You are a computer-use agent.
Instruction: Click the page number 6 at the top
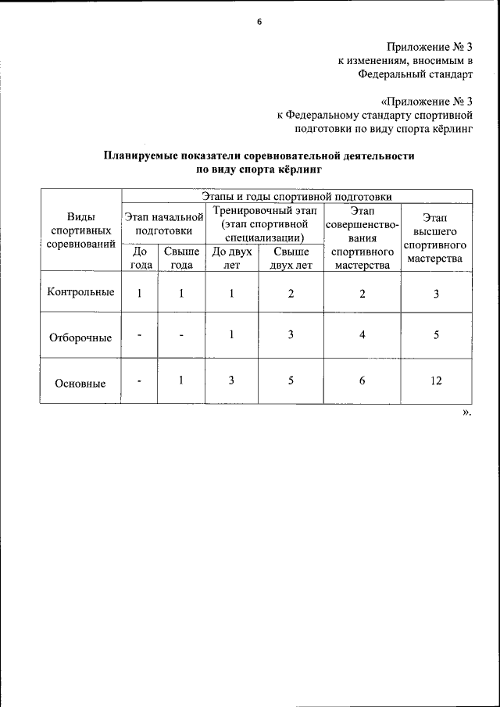pyautogui.click(x=259, y=22)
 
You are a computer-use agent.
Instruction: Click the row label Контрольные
pyautogui.click(x=80, y=292)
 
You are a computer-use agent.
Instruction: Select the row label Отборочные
pyautogui.click(x=80, y=337)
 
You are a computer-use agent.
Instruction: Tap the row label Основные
pyautogui.click(x=80, y=383)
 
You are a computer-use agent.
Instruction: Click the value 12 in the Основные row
pyautogui.click(x=436, y=380)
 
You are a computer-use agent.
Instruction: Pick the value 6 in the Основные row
pyautogui.click(x=361, y=380)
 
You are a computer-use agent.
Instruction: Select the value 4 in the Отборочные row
pyautogui.click(x=361, y=335)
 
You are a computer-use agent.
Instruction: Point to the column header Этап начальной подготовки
pyautogui.click(x=163, y=223)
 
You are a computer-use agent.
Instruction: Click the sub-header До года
pyautogui.click(x=140, y=258)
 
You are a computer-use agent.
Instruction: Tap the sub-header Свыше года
pyautogui.click(x=180, y=258)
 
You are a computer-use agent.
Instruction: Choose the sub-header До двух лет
pyautogui.click(x=231, y=258)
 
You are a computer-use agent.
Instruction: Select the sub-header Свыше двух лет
pyautogui.click(x=291, y=258)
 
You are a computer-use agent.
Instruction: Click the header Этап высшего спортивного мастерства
pyautogui.click(x=435, y=238)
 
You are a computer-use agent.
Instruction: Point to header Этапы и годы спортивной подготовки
pyautogui.click(x=296, y=196)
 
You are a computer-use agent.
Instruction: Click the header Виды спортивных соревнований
pyautogui.click(x=80, y=230)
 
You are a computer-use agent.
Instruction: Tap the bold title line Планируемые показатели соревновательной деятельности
pyautogui.click(x=259, y=155)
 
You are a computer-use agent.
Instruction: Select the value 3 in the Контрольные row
pyautogui.click(x=436, y=294)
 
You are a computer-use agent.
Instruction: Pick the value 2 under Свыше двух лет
pyautogui.click(x=291, y=294)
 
